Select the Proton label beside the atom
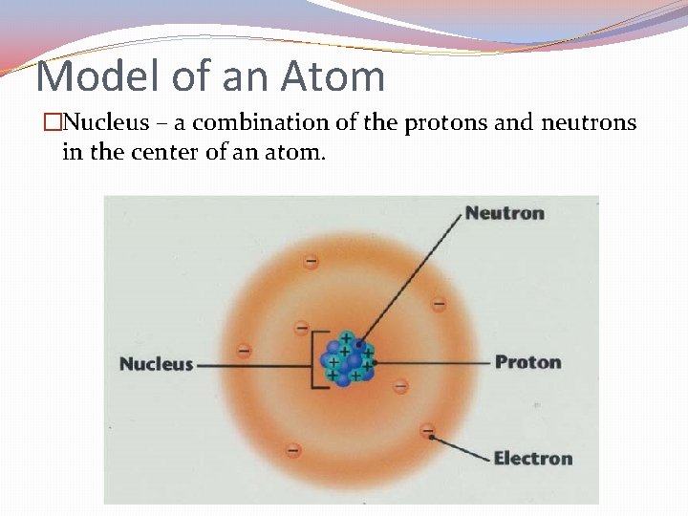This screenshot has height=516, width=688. (x=527, y=362)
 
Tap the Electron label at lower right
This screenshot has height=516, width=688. (x=532, y=459)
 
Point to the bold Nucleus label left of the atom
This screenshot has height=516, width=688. (x=156, y=364)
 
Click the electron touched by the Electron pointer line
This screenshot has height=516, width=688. (x=427, y=431)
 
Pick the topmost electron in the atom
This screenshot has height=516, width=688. (x=311, y=261)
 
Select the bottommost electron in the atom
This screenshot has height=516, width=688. (x=292, y=448)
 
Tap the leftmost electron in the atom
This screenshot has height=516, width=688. (x=244, y=351)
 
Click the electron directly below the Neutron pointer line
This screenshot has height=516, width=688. (x=439, y=305)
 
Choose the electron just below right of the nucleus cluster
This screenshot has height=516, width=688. (x=400, y=387)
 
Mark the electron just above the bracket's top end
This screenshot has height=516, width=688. (x=301, y=328)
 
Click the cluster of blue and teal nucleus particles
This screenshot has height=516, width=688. (x=348, y=358)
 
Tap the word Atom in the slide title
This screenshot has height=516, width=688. (x=330, y=75)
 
